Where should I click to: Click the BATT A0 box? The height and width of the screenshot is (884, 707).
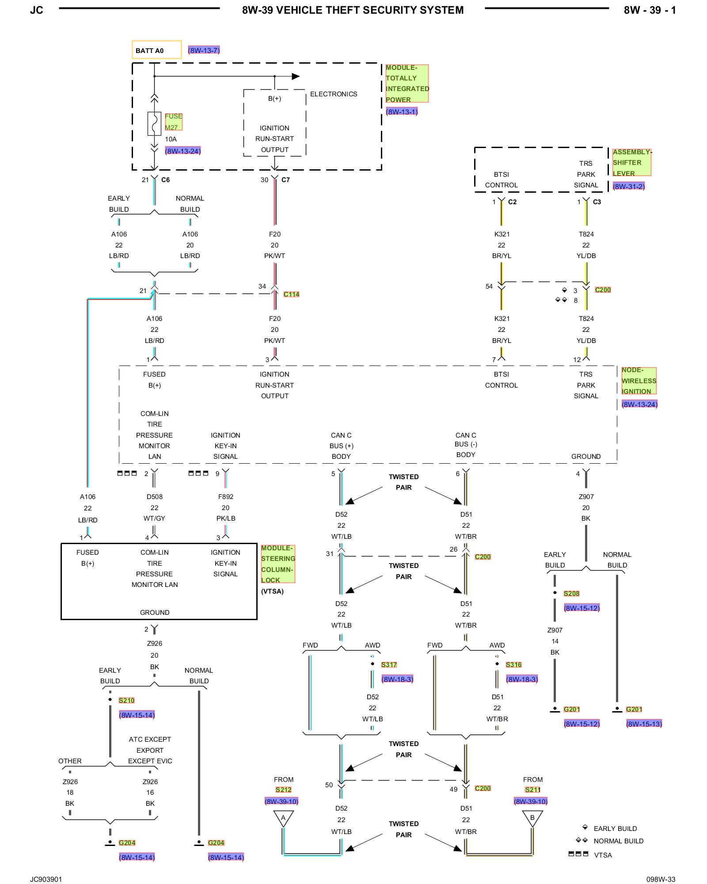click(x=156, y=50)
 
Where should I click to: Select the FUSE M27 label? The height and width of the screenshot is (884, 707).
click(x=173, y=122)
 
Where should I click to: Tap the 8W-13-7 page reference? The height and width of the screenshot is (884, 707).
click(x=204, y=50)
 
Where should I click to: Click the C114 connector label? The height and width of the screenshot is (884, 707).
click(x=291, y=294)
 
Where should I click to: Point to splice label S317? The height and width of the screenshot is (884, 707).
click(x=389, y=664)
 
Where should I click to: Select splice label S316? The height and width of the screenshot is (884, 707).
click(x=513, y=664)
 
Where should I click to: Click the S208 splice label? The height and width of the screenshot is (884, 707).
click(x=571, y=593)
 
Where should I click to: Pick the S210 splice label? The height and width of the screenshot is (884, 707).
click(x=126, y=700)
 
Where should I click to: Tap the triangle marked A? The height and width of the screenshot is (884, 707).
click(x=283, y=818)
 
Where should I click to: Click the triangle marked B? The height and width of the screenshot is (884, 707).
click(x=532, y=818)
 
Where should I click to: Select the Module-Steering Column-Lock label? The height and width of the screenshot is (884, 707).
click(x=278, y=564)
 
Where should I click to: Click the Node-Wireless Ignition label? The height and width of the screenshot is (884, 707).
click(x=639, y=381)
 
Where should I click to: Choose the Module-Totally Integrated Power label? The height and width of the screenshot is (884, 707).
click(x=407, y=84)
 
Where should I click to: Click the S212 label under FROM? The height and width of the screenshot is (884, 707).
click(x=283, y=789)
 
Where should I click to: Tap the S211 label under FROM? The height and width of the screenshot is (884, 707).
click(x=532, y=789)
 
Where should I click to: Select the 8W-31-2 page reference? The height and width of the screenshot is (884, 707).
click(x=629, y=186)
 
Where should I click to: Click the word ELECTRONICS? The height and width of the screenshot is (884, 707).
click(x=334, y=94)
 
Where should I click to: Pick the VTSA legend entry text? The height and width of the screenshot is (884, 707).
click(x=603, y=855)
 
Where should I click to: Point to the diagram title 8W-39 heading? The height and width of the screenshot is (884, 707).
click(x=353, y=10)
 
